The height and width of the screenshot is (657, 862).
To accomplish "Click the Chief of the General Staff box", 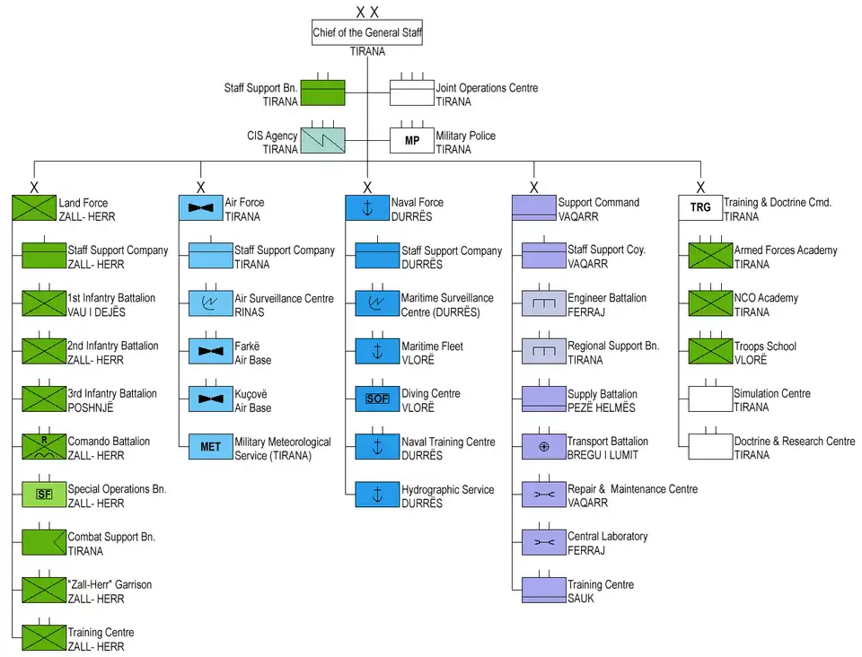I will pos(367,33).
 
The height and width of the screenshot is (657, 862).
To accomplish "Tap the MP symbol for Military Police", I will pos(411,141).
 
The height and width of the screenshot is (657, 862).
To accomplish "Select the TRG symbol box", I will pos(700,207).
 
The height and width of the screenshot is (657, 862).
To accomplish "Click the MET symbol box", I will pos(210,447).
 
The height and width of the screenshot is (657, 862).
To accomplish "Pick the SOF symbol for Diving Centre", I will pos(377,399).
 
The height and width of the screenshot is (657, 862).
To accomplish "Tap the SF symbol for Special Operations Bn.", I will pos(44,495).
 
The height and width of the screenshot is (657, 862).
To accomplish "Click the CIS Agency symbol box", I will pos(322,141).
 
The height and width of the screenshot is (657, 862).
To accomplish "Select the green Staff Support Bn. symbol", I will pos(322,93).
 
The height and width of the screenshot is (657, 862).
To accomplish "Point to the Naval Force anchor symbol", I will pos(367,207).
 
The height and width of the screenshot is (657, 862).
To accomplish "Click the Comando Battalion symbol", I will pos(44,447).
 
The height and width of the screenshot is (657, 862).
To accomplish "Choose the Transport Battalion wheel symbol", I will pos(543,447).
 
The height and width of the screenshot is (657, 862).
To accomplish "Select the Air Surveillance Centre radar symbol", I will pos(210,303).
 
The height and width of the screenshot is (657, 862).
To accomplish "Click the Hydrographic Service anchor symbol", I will pos(377,495).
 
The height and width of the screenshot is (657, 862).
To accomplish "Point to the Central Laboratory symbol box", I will pos(543,542).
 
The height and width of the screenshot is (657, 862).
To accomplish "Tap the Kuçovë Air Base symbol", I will pos(210,399).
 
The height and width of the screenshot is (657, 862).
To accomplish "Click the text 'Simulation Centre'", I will pos(771,393).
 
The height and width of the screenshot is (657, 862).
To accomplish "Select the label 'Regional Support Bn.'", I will pos(612,346).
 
